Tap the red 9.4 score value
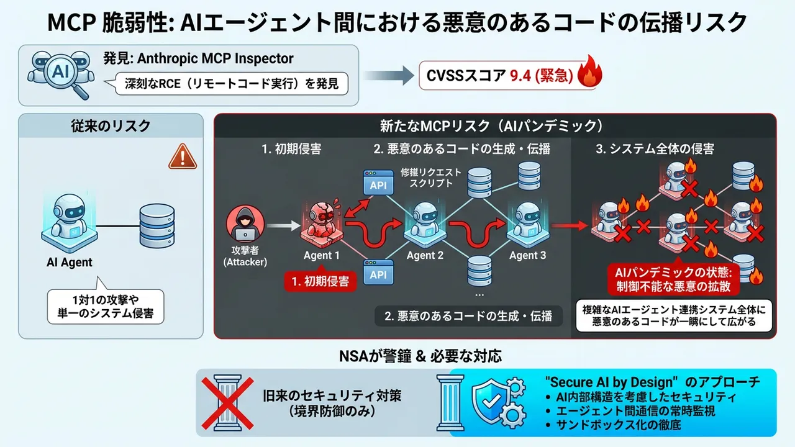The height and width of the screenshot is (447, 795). coord(520,76)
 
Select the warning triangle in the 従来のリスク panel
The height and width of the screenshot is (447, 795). coord(183,156)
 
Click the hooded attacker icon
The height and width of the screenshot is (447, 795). coord(245,224)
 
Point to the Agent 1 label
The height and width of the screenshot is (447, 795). coord(322,255)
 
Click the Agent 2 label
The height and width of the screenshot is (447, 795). coord(425,255)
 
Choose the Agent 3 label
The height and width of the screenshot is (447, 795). coord(528,255)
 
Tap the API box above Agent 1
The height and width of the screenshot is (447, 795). coord(378,183)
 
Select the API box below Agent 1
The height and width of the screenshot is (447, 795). coord(378,272)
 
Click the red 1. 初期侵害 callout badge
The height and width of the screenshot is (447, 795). coord(320,281)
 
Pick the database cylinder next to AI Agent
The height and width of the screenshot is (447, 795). coord(157,226)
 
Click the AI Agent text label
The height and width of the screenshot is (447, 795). coord(70,263)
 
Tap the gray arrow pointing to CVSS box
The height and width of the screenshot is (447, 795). coord(389,76)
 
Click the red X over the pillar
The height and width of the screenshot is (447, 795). coord(227,404)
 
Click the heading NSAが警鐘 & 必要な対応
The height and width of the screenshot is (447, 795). coord(420,356)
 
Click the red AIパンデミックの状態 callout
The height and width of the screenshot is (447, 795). coord(673,279)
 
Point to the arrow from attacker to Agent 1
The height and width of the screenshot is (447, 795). coord(284,225)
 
